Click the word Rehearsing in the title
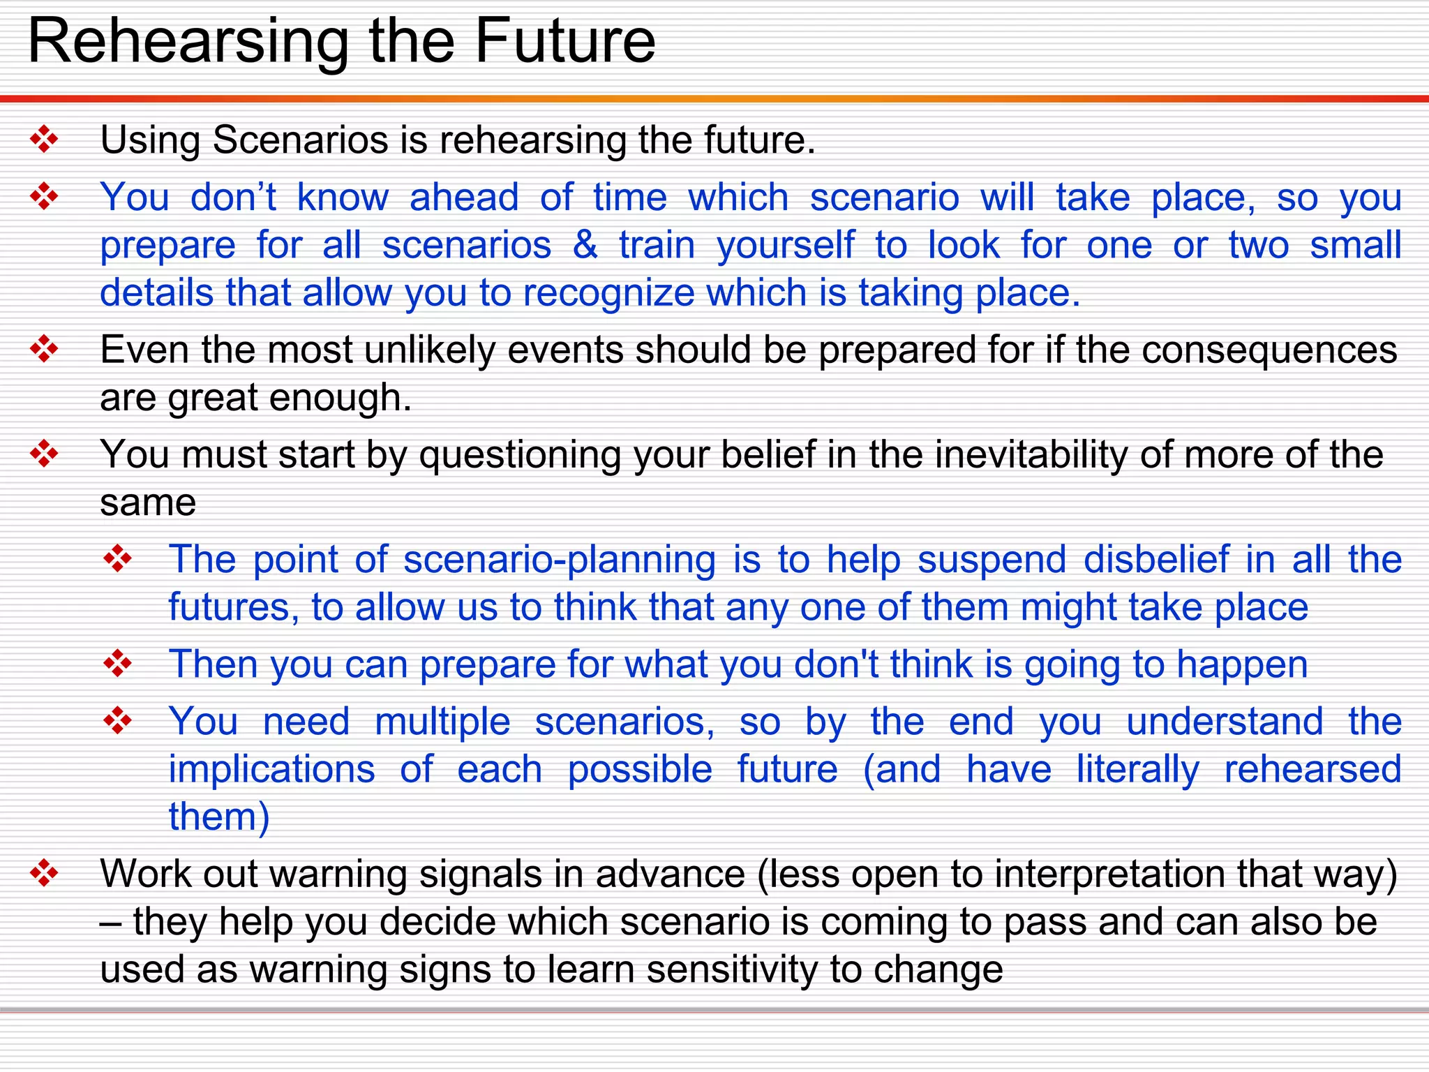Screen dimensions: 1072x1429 188,43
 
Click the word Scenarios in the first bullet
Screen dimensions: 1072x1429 300,140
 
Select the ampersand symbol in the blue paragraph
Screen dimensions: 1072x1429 585,245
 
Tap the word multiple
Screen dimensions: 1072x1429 442,722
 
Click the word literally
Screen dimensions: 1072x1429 1137,770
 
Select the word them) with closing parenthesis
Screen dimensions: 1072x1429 219,817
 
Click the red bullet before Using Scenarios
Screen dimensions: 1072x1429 44,139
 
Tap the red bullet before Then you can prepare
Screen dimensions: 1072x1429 117,663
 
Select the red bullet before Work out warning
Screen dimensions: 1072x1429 44,873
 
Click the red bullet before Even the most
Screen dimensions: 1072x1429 44,349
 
